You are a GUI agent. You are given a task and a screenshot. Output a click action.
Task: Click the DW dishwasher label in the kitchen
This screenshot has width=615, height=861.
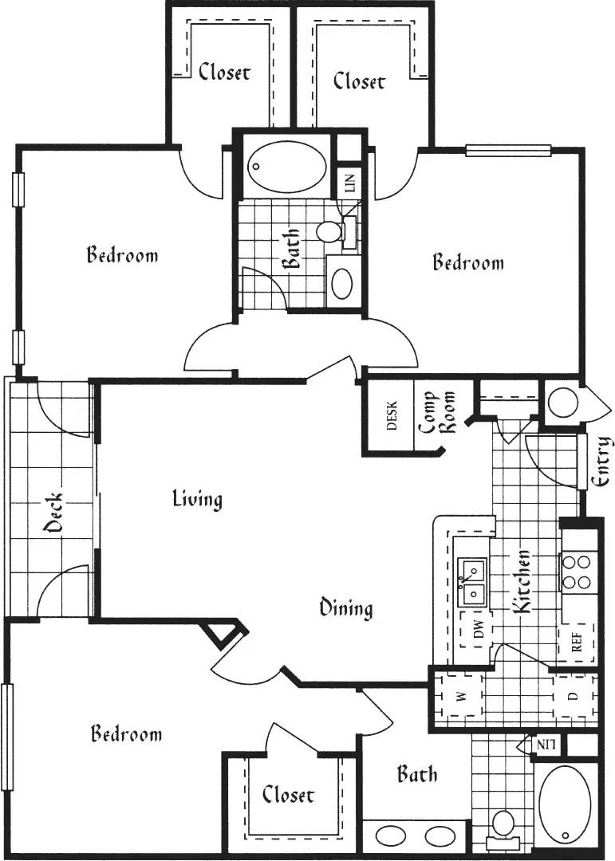(x=479, y=633)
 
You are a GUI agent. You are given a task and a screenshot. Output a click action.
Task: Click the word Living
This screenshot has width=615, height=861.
(x=197, y=500)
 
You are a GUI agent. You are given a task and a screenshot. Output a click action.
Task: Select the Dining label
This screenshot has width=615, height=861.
(x=346, y=608)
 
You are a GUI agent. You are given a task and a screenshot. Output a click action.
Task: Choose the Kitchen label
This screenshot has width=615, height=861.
(x=522, y=581)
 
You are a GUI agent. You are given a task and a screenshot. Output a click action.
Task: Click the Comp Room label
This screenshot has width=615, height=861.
(x=437, y=411)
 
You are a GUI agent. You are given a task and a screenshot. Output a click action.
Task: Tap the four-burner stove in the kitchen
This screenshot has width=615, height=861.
(x=577, y=572)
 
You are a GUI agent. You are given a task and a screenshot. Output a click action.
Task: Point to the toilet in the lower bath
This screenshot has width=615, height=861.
(x=503, y=824)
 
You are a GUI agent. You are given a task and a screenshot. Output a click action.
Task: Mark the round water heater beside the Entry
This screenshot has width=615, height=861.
(x=564, y=404)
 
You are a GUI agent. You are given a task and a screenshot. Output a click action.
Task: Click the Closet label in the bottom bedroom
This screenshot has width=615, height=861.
(x=288, y=794)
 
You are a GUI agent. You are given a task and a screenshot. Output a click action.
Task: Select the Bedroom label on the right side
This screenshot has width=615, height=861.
(x=468, y=262)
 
